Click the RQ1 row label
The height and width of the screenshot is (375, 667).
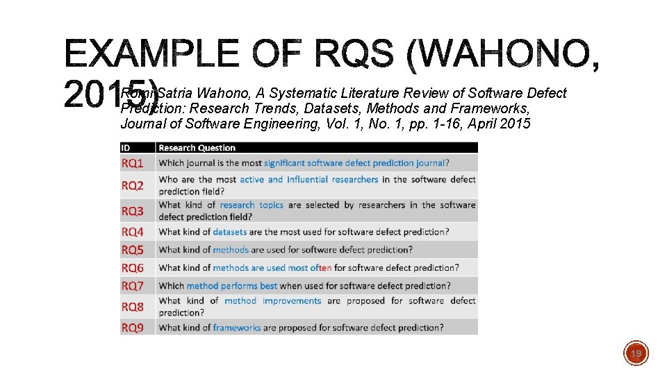click(x=133, y=163)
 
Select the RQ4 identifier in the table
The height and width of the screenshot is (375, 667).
click(x=133, y=232)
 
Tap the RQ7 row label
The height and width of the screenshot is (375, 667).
click(x=133, y=285)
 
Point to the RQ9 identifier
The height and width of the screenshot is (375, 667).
click(x=133, y=327)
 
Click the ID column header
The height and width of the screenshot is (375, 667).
click(x=126, y=147)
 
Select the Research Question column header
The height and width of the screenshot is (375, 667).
click(x=197, y=147)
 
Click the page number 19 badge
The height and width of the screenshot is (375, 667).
click(x=636, y=354)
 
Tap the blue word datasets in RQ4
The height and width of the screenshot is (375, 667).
click(x=230, y=232)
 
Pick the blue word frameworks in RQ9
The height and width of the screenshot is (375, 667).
click(x=237, y=327)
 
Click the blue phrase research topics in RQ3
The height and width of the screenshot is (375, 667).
click(x=252, y=205)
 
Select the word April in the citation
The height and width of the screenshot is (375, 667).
click(x=486, y=124)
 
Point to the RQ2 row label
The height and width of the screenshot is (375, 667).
click(x=133, y=185)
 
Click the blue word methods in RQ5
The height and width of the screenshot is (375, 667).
click(x=231, y=249)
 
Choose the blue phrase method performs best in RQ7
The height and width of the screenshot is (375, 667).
click(x=232, y=285)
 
